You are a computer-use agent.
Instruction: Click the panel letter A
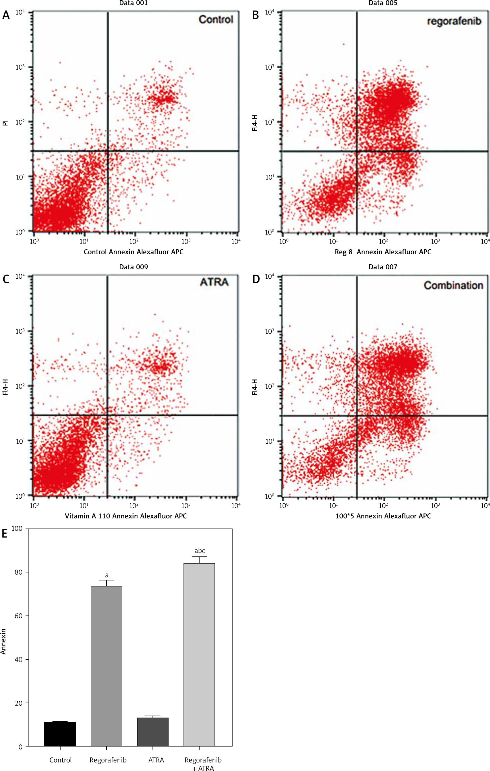[x=6, y=15]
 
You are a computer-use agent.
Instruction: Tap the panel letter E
[x=4, y=534]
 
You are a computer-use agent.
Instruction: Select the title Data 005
[x=382, y=3]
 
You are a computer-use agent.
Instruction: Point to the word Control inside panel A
[x=216, y=20]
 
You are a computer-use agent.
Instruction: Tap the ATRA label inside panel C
[x=214, y=282]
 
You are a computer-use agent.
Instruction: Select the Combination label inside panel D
[x=453, y=285]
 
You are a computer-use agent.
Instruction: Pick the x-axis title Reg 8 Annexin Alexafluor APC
[x=383, y=252]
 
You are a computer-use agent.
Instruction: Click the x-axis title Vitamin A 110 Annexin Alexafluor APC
[x=126, y=516]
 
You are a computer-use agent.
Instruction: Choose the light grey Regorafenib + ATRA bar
[x=199, y=655]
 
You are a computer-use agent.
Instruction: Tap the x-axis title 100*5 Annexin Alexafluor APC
[x=383, y=516]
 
